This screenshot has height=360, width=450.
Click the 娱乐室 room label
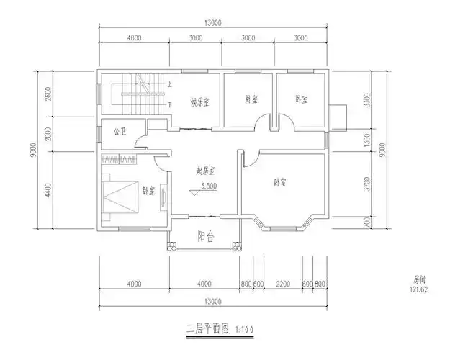[x=199, y=102]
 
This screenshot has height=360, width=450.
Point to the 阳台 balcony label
[x=206, y=236]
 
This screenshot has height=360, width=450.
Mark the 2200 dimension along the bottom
[x=283, y=284]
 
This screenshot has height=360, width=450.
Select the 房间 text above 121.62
[x=420, y=279]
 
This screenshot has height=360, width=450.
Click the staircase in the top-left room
[x=133, y=93]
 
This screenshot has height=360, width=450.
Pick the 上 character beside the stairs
[x=169, y=84]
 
